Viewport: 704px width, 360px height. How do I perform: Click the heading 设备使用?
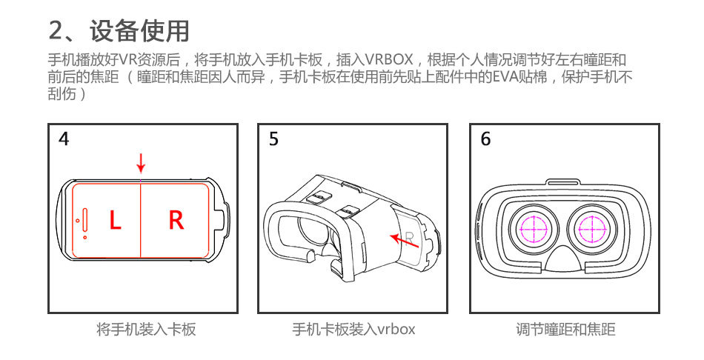[x=139, y=31]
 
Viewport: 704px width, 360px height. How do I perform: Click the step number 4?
[x=64, y=139]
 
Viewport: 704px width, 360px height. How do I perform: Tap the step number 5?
[x=274, y=139]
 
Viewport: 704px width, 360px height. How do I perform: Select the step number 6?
[x=485, y=139]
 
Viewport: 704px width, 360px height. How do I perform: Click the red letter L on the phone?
[x=115, y=220]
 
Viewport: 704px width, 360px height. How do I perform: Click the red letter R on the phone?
[x=176, y=220]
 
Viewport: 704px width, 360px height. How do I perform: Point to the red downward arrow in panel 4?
[x=141, y=164]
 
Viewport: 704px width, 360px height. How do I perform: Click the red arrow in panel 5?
[x=405, y=239]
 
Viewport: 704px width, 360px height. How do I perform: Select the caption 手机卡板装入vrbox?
[x=353, y=329]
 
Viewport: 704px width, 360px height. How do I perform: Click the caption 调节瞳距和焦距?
[x=565, y=329]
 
